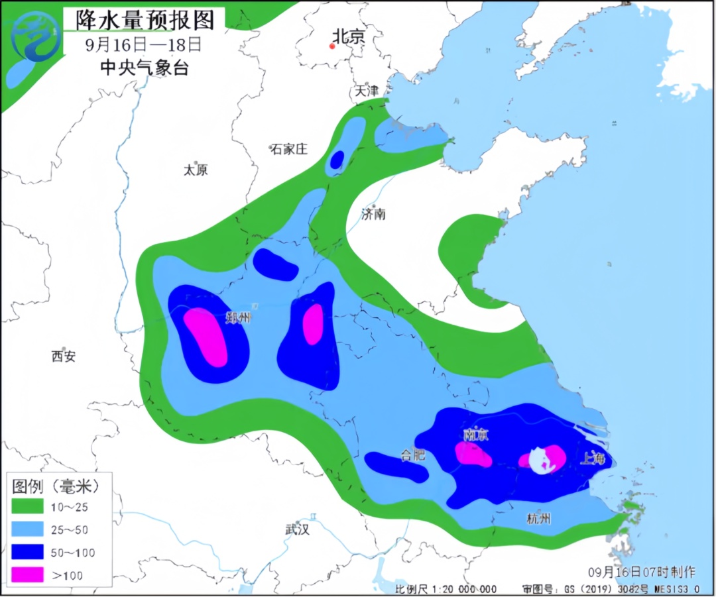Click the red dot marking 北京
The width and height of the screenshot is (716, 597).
tap(332, 46)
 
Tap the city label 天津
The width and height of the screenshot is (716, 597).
tap(366, 91)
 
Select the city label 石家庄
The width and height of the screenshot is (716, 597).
tap(289, 149)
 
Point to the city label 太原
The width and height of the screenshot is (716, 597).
tap(196, 170)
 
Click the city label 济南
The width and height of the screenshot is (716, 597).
tap(373, 213)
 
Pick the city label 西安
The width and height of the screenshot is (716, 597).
tap(64, 356)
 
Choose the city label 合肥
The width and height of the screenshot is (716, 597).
tap(412, 455)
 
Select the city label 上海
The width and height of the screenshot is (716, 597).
tap(592, 458)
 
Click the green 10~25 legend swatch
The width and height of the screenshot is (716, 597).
tap(28, 508)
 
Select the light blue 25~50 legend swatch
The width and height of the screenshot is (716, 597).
tap(28, 530)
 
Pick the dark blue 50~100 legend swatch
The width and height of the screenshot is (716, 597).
tap(28, 553)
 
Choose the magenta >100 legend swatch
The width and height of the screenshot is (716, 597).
tap(28, 574)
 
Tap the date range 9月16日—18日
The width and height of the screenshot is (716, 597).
tap(143, 44)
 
